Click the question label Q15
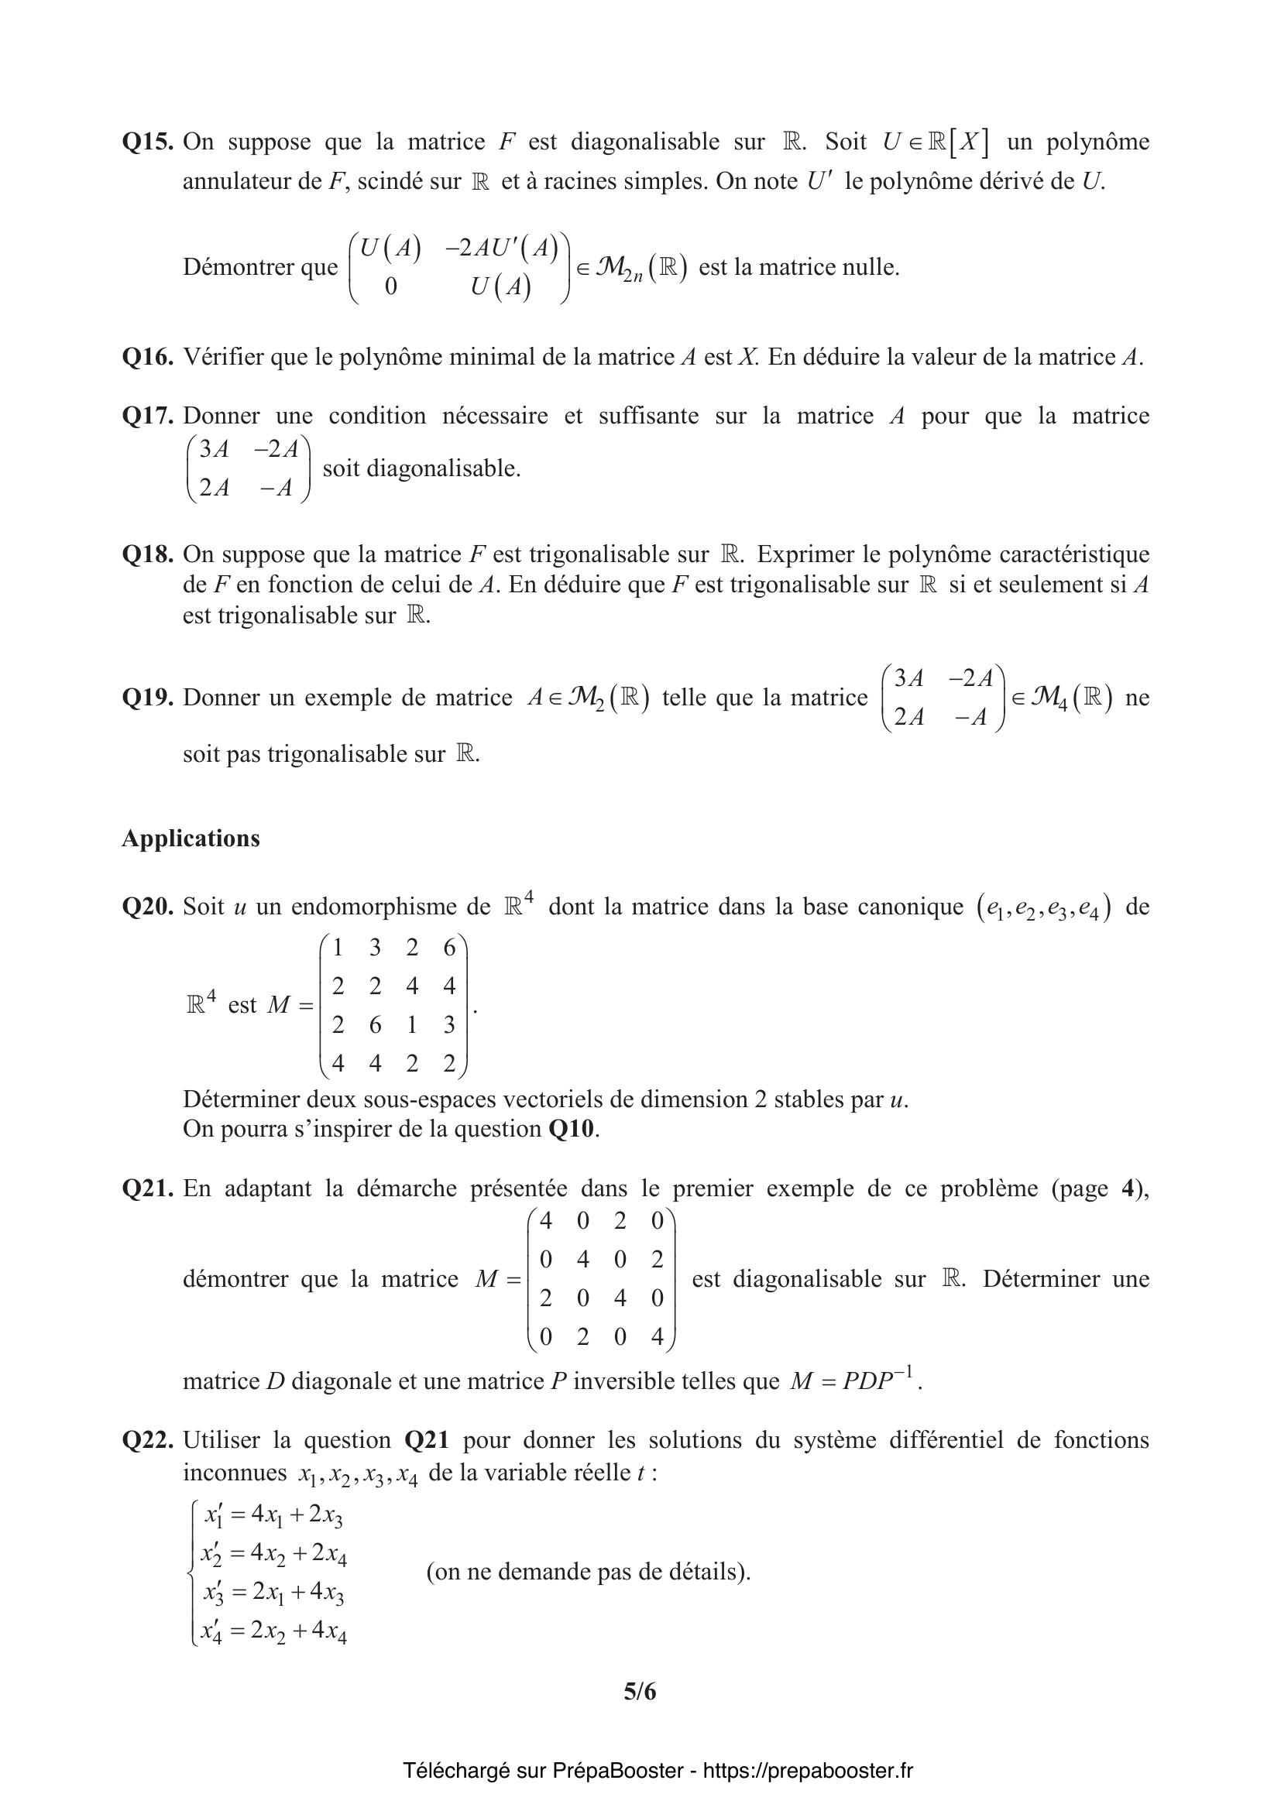coord(147,142)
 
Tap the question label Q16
coord(147,357)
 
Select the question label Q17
coord(147,416)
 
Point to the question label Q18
coord(147,554)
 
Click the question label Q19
coord(147,698)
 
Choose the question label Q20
coord(147,907)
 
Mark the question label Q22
coord(147,1440)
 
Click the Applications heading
coord(191,838)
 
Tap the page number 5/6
coord(640,1691)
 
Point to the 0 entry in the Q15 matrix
coord(390,286)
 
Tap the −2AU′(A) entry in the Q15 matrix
coord(502,248)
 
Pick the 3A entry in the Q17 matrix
coord(214,450)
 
